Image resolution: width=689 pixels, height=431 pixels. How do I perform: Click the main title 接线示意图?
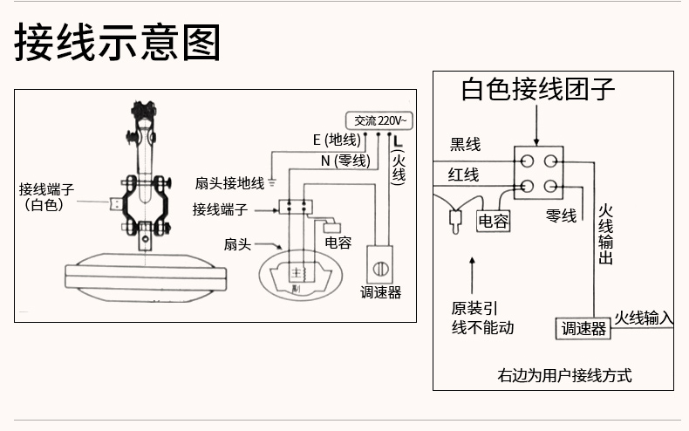[x=118, y=43]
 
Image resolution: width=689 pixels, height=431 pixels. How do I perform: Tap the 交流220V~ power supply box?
[x=379, y=120]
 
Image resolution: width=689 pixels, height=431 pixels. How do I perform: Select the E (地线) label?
[x=336, y=140]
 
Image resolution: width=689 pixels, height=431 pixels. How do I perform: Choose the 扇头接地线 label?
[x=229, y=183]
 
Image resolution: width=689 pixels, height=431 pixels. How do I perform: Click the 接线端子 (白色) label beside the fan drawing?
[x=51, y=196]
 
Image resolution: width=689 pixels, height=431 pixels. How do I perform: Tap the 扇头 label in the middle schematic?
[x=237, y=243]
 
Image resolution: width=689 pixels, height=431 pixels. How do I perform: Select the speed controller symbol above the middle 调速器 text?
[x=380, y=261]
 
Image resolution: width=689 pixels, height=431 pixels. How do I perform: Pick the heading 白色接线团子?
[x=538, y=89]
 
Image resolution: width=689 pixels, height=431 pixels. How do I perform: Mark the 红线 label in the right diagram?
[x=464, y=174]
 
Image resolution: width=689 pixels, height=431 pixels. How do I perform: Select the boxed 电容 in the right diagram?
[x=493, y=222]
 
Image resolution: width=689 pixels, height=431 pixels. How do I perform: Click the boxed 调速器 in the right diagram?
[x=583, y=328]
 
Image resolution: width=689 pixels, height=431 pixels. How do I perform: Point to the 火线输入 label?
[x=644, y=317]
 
